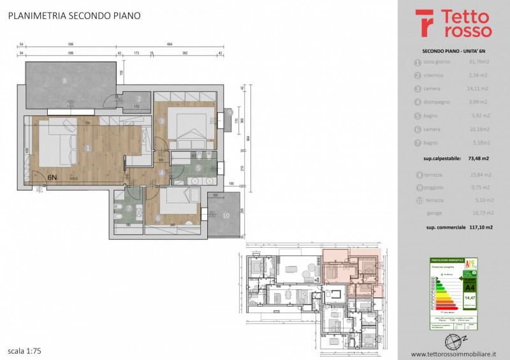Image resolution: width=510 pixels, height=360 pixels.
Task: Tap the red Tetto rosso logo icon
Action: [425, 23]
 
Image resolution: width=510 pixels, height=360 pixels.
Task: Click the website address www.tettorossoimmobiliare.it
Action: [453, 354]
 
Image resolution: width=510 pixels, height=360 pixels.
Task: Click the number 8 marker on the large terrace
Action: [64, 81]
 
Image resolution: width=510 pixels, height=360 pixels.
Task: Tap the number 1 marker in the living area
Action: [87, 148]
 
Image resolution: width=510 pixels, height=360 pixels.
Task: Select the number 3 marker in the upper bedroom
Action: [163, 120]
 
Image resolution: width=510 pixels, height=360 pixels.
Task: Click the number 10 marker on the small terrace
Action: [225, 215]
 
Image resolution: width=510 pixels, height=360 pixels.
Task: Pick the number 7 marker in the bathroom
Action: [129, 208]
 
